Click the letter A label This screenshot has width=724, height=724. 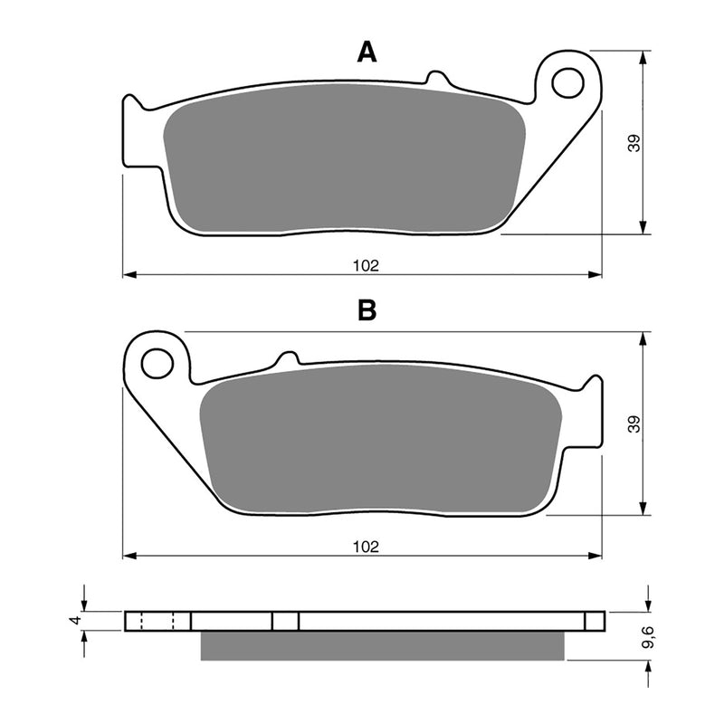(367, 52)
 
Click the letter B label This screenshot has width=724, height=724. (367, 310)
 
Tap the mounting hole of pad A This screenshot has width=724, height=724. (567, 82)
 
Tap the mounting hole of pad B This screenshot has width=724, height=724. (157, 364)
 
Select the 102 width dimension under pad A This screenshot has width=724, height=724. (366, 265)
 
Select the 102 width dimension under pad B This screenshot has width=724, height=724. (366, 547)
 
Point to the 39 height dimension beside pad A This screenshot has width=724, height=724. (634, 142)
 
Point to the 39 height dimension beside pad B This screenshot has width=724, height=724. (634, 424)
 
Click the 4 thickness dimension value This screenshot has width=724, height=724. (76, 621)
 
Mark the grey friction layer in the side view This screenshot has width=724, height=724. (381, 645)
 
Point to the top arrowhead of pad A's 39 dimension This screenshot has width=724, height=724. (643, 57)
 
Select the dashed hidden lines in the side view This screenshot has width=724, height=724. (158, 622)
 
